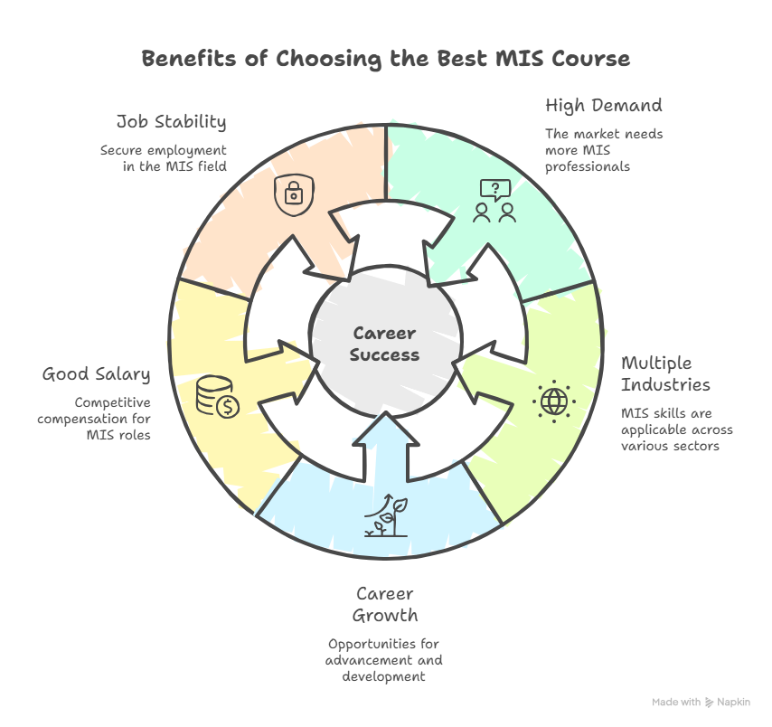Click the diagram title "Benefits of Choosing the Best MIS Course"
pyautogui.click(x=385, y=60)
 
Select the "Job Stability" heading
pyautogui.click(x=171, y=121)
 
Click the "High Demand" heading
pyautogui.click(x=603, y=106)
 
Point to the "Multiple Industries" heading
pyautogui.click(x=665, y=373)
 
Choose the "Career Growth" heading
pyautogui.click(x=385, y=605)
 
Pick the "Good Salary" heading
pyautogui.click(x=97, y=373)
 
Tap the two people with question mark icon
pyautogui.click(x=495, y=201)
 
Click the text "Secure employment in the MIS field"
pyautogui.click(x=164, y=157)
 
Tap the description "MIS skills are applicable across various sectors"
pyautogui.click(x=676, y=430)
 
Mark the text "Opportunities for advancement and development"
pyautogui.click(x=384, y=660)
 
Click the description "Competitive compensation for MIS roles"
pyautogui.click(x=94, y=419)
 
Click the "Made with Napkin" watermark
pyautogui.click(x=701, y=702)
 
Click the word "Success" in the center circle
pyautogui.click(x=385, y=354)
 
